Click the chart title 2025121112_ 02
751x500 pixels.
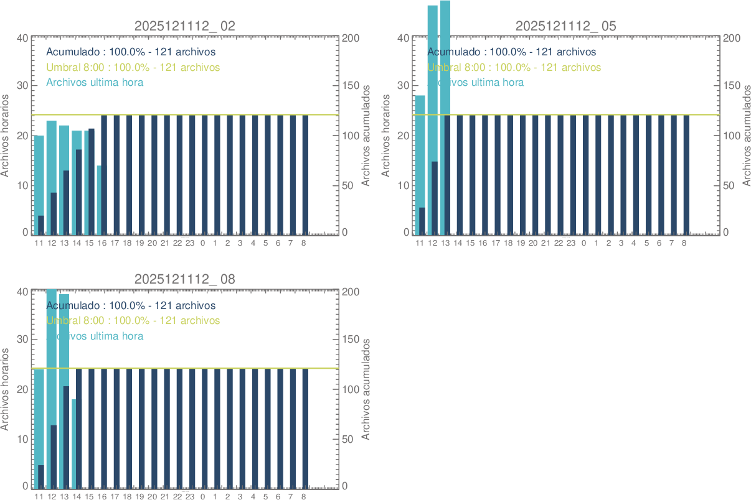click(x=185, y=26)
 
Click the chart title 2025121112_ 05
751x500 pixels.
click(x=565, y=26)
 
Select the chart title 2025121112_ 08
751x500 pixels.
click(x=185, y=280)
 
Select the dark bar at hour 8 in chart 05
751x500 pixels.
click(x=686, y=174)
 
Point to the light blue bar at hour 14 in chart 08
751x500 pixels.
click(x=74, y=442)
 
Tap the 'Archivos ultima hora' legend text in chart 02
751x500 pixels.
click(x=95, y=82)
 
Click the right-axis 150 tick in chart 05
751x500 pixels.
click(x=732, y=86)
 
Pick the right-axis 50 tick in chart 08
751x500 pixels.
click(x=351, y=439)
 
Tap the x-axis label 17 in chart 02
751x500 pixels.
click(x=115, y=243)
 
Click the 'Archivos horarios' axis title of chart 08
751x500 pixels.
click(x=6, y=389)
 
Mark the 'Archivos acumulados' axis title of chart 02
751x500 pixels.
click(x=366, y=136)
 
